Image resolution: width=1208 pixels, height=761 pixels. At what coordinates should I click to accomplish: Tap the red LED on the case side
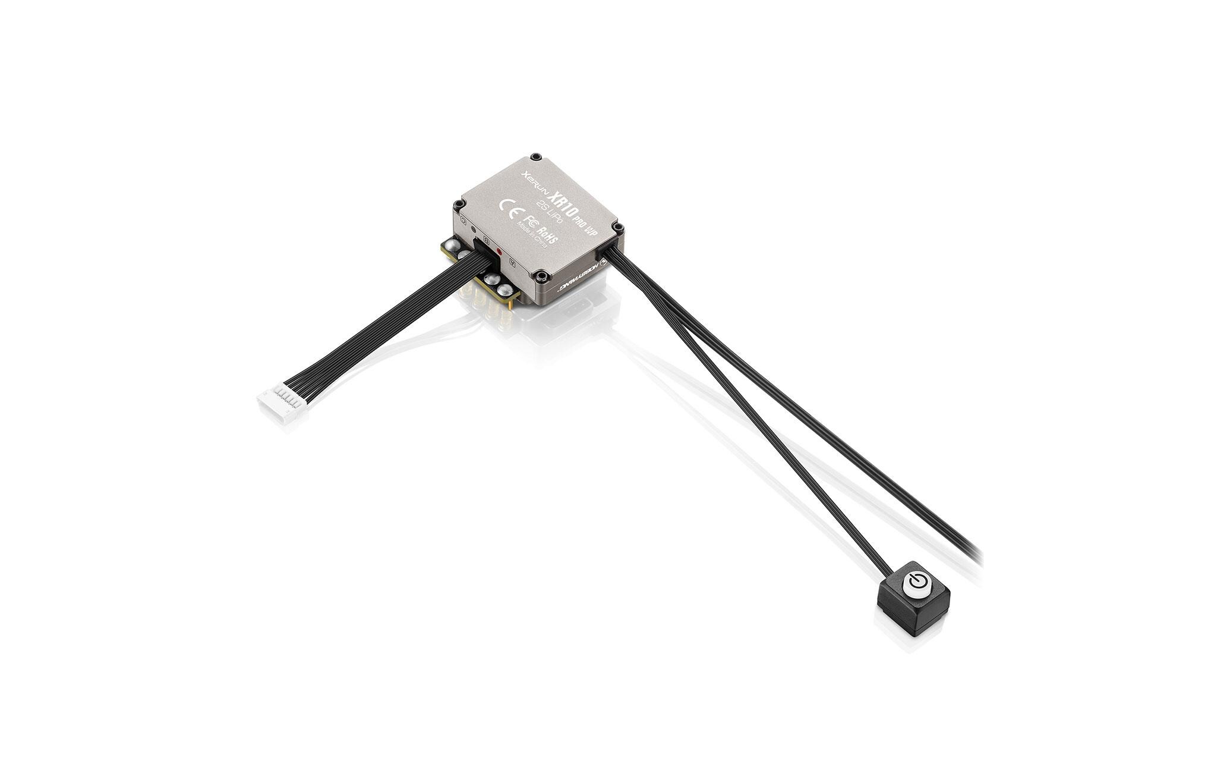pyautogui.click(x=500, y=251)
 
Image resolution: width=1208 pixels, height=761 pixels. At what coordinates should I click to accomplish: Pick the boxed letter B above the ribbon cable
pyautogui.click(x=487, y=241)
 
